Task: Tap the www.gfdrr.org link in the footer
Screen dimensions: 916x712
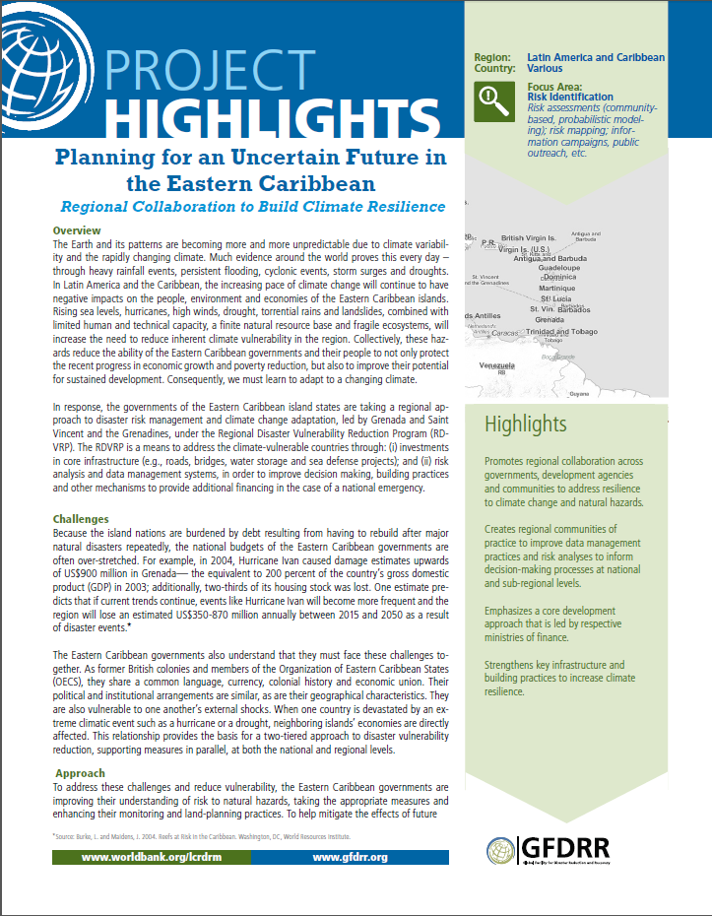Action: pos(350,858)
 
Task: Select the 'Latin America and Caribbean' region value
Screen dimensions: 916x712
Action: pos(595,58)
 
